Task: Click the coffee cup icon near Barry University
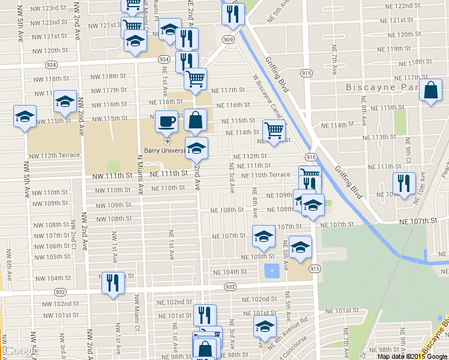[x=166, y=121]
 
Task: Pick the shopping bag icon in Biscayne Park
[x=431, y=91]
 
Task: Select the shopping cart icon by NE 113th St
[x=274, y=130]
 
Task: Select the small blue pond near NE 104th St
[x=271, y=271]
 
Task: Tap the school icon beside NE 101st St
[x=264, y=326]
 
